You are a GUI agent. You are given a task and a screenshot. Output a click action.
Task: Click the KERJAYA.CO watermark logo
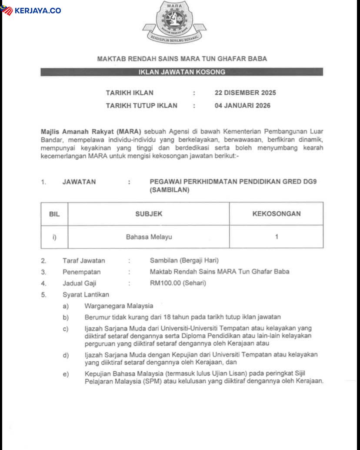pos(31,10)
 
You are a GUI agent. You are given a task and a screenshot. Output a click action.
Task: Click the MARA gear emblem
pos(174,20)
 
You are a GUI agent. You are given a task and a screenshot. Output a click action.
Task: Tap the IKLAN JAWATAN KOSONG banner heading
pos(182,72)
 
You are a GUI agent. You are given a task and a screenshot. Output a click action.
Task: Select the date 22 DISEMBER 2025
pos(245,93)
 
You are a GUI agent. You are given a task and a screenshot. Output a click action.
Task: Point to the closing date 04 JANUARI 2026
pos(242,105)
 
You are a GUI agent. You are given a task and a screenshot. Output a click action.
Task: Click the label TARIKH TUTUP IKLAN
pos(141,105)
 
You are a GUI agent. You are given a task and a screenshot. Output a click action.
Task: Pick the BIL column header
pos(54,214)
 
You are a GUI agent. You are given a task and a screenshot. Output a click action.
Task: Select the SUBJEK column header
pos(149,214)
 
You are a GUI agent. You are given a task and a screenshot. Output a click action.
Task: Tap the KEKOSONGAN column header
pos(276,214)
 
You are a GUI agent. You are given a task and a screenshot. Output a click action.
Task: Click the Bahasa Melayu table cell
pos(149,237)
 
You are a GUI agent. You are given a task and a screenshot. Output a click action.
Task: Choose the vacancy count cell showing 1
pos(277,237)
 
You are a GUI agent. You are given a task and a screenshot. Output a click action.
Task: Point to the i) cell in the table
pos(54,237)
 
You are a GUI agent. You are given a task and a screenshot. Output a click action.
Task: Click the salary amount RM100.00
pos(165,283)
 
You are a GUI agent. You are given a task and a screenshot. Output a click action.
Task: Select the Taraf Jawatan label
pos(83,261)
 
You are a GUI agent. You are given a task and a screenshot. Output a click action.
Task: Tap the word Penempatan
pos(81,272)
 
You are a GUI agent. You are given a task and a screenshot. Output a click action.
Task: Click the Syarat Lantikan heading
pos(86,294)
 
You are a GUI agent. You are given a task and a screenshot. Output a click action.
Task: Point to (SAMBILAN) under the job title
pos(170,190)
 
